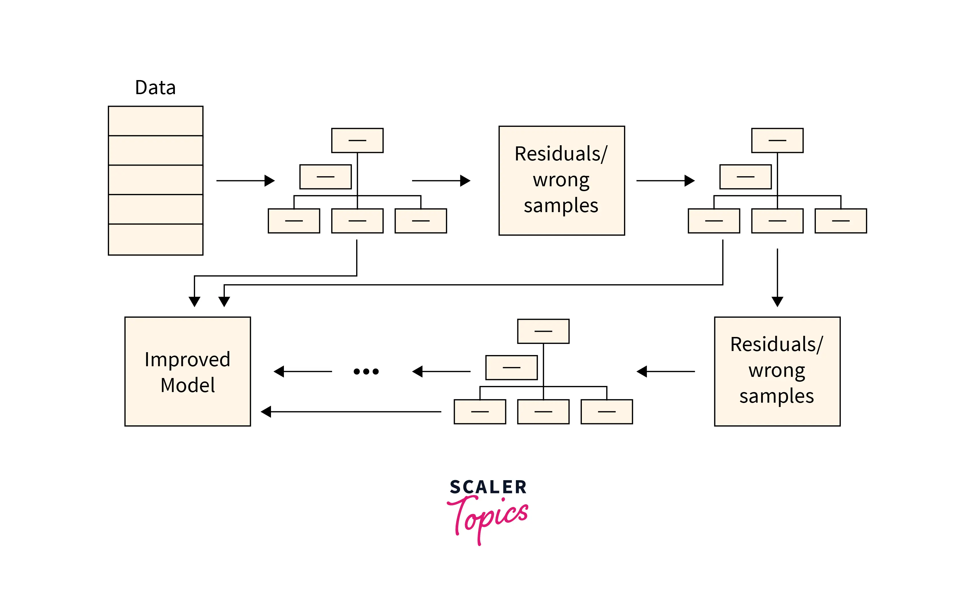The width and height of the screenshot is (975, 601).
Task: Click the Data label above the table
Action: tap(155, 88)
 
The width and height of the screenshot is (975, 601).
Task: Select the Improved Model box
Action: tap(188, 371)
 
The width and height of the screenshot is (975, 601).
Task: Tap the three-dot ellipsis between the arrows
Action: tap(366, 372)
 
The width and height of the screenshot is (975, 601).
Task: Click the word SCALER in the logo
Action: tap(488, 487)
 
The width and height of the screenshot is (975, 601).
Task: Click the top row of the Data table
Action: tap(156, 121)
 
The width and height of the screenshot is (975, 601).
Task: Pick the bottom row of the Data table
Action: tap(156, 239)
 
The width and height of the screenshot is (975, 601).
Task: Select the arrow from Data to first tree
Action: tap(245, 181)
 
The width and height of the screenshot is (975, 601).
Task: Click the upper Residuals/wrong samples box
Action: tap(561, 181)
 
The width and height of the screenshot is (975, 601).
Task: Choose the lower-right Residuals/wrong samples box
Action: tap(777, 371)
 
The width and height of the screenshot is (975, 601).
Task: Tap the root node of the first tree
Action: tap(357, 140)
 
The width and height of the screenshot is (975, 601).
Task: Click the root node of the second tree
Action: tap(777, 140)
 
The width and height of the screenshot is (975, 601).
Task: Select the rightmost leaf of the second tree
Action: tap(841, 221)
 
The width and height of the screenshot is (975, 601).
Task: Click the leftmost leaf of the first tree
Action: tap(294, 221)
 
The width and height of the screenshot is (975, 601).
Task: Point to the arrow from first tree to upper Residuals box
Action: tap(441, 181)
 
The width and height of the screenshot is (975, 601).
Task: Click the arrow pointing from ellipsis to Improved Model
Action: tap(303, 371)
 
